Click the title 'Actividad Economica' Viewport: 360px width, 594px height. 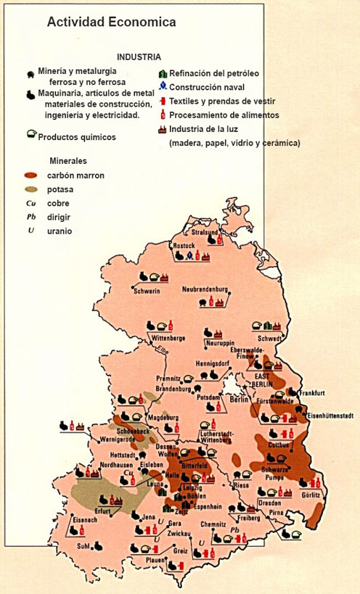[x=111, y=23]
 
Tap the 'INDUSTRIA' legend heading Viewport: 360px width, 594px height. [x=139, y=57]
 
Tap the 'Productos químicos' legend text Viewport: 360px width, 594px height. [x=76, y=136]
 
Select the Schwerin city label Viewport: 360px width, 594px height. [x=147, y=291]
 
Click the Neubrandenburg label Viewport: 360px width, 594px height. [x=205, y=287]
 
